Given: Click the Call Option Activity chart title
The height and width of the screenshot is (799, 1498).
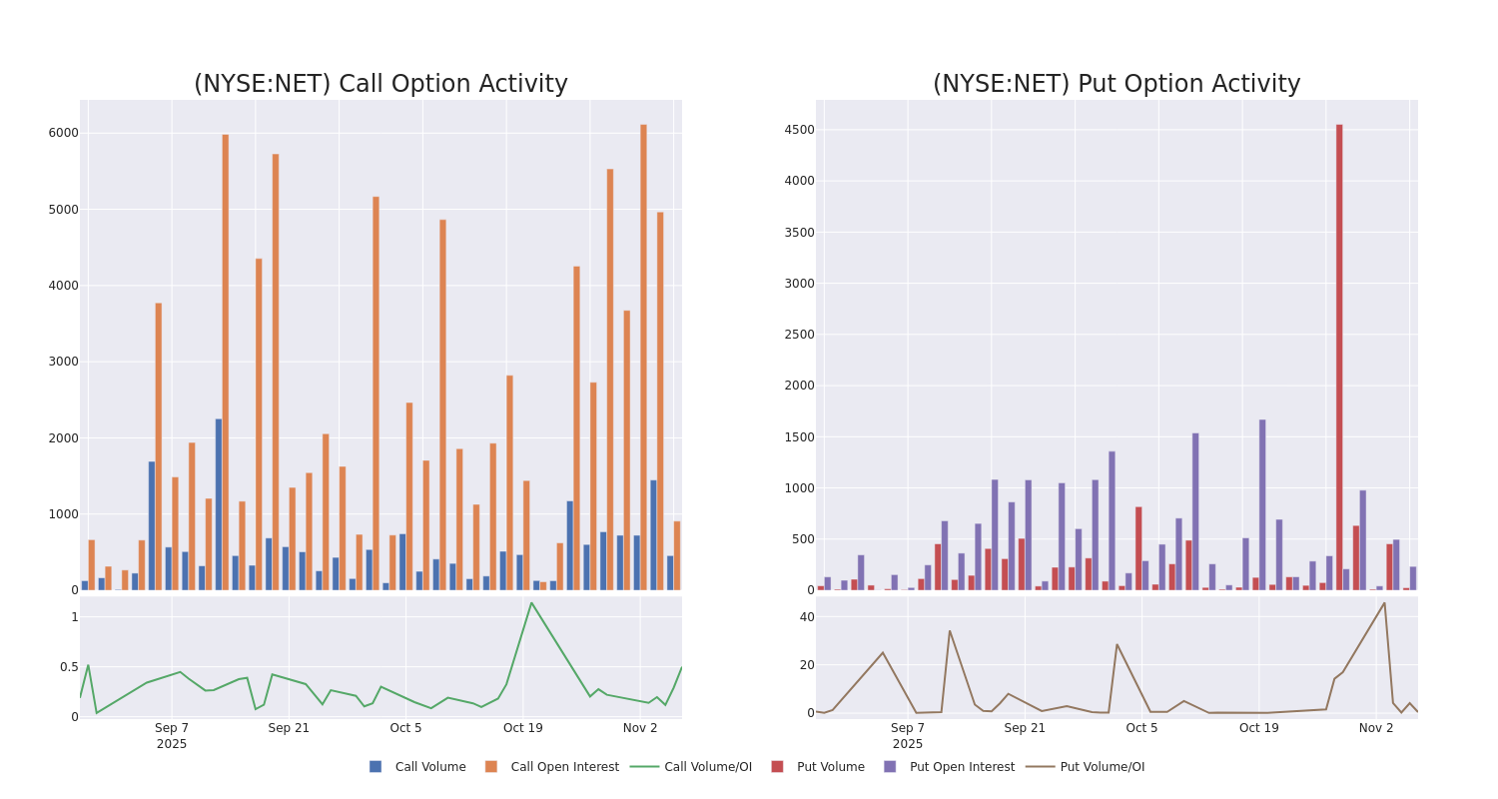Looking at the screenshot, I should pos(380,85).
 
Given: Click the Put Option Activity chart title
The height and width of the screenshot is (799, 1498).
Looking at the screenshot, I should pos(1116,85).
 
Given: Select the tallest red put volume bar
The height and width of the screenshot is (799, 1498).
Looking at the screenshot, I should pos(1339,357).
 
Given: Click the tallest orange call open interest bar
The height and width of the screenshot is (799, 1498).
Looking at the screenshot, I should pos(643,357).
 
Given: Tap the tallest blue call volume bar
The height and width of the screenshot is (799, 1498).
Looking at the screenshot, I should pos(219,504).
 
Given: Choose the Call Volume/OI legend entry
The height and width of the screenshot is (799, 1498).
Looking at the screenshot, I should pos(691,767).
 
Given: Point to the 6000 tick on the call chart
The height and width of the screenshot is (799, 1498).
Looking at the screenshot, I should pos(63,133).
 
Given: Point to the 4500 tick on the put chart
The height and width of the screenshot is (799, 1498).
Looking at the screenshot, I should pos(799,130).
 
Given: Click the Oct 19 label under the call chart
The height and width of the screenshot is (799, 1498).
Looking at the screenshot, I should pos(523,728).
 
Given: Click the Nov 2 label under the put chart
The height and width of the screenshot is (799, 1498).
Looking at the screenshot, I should pos(1376,728).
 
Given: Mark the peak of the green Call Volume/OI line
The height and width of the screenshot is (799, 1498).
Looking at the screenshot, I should pos(531,602).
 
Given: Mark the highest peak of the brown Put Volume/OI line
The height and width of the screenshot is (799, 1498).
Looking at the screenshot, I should pos(1384,602).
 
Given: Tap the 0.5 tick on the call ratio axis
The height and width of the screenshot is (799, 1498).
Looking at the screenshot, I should pos(66,667).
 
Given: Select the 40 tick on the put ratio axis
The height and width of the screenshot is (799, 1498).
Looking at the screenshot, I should pos(806,617).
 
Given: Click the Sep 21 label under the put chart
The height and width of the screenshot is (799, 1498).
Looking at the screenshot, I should pos(1025,728).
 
